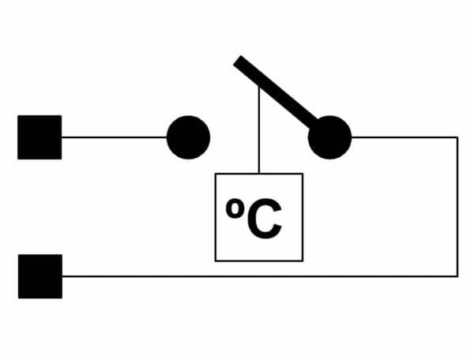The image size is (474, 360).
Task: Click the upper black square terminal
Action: pos(39,137)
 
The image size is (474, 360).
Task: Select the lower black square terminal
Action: pos(40,276)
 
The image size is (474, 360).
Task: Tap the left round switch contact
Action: pos(188,137)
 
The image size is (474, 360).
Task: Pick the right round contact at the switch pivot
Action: pos(329,137)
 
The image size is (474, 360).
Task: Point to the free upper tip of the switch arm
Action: pos(237,60)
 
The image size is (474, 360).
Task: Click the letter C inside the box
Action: pos(265,219)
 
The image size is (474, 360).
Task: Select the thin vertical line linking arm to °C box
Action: pos(259,129)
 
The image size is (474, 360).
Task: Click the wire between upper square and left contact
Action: pos(115,137)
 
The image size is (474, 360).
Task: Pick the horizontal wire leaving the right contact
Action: pos(404,137)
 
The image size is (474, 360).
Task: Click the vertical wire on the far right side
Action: pos(457,207)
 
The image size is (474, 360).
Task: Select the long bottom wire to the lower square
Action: pos(260,276)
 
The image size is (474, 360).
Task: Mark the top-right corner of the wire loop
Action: pos(457,137)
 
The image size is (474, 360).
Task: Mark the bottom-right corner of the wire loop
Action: pos(457,276)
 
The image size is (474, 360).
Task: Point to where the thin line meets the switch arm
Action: pos(259,86)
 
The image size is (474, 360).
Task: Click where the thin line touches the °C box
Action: pos(259,174)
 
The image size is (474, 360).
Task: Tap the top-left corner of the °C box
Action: pos(215,174)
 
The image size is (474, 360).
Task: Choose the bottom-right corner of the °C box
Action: pos(303,261)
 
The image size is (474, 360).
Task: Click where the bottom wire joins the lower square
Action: pos(62,276)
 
